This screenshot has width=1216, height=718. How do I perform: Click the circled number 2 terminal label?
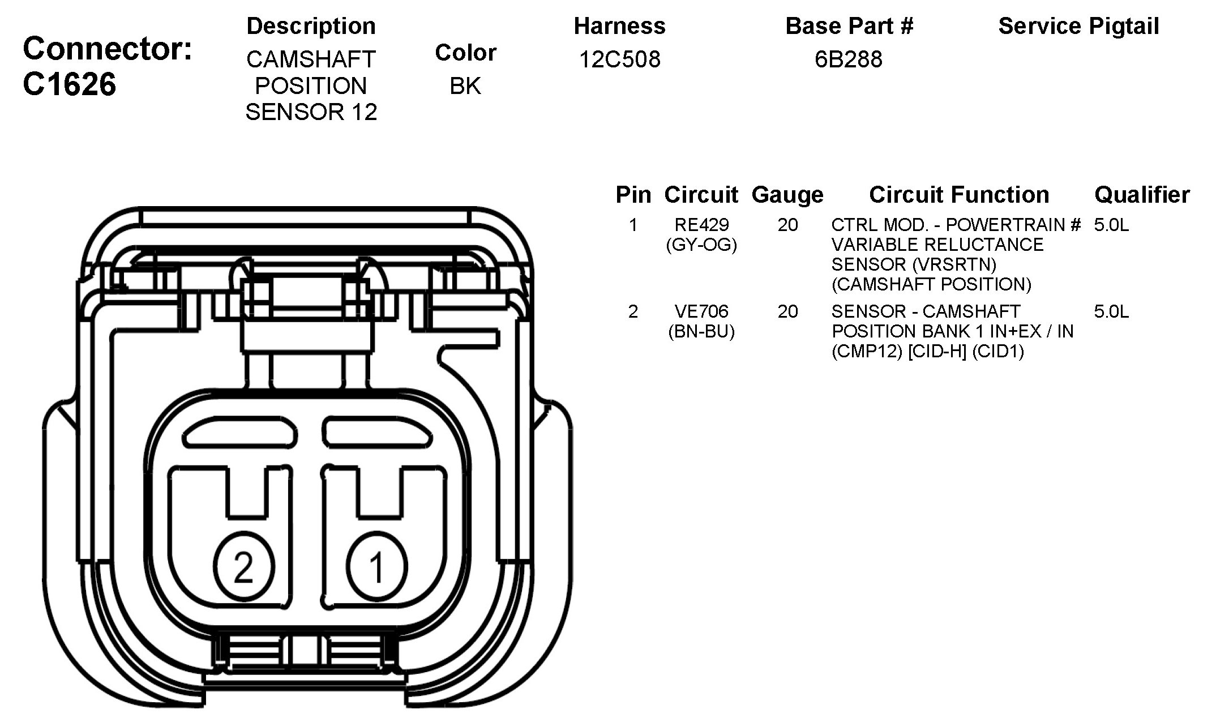(244, 566)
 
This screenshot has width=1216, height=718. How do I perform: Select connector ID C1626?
(70, 84)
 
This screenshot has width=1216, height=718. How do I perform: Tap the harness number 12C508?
(620, 59)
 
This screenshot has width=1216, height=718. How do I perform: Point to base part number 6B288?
(849, 59)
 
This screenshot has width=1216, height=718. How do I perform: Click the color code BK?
(465, 86)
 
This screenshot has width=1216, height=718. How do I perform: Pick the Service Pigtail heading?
(1078, 26)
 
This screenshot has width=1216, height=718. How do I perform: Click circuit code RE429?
(701, 225)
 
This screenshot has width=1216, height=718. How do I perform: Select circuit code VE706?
(701, 311)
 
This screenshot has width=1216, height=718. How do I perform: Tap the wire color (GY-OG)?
(701, 245)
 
